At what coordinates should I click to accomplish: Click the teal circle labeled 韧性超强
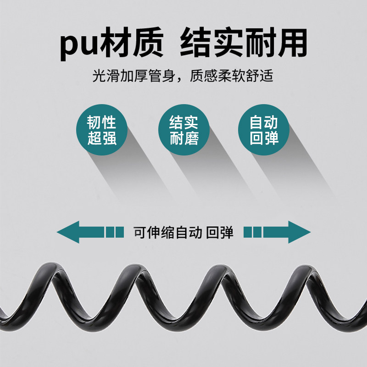[x=102, y=130]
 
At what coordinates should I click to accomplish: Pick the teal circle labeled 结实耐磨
[x=183, y=130]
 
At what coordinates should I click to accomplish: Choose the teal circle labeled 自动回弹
[x=264, y=130]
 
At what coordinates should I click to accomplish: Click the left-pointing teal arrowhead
[x=69, y=232]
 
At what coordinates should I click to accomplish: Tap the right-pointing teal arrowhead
[x=298, y=232]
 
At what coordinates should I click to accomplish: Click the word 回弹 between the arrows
[x=220, y=232]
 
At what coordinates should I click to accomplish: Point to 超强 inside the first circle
[x=102, y=138]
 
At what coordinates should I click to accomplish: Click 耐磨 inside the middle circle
[x=183, y=138]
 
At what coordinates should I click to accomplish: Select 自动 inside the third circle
[x=264, y=122]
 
